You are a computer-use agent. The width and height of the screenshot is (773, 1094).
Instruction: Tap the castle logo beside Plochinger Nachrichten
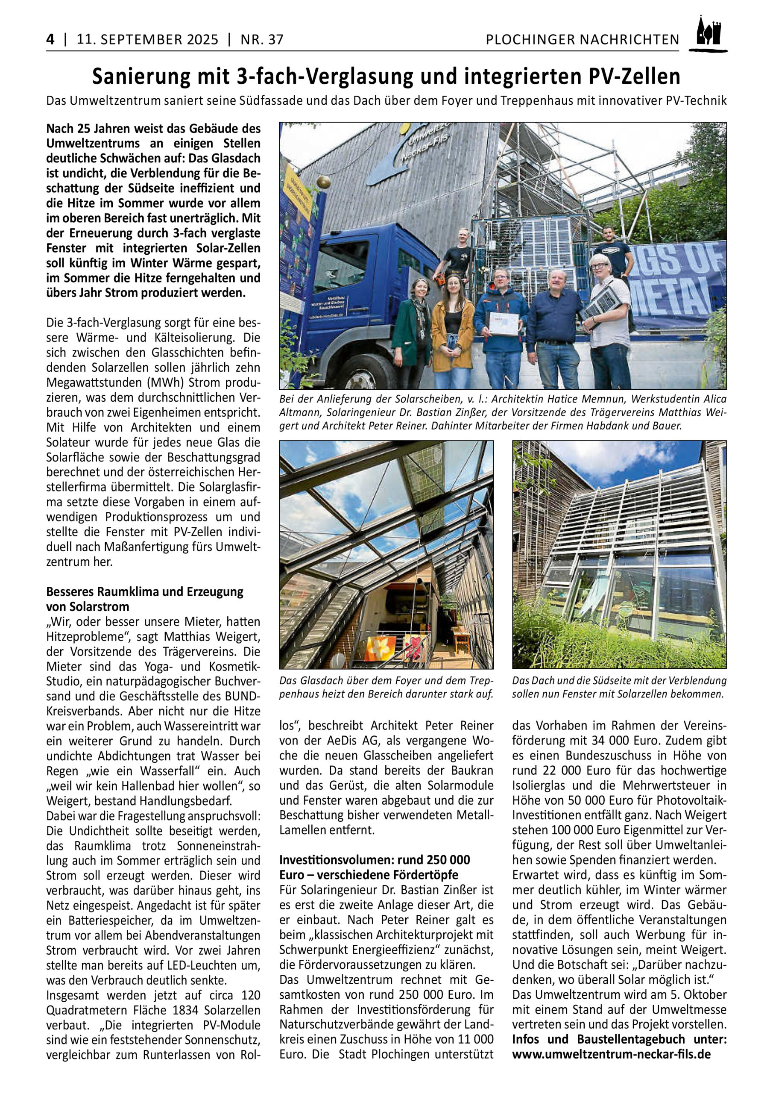click(708, 35)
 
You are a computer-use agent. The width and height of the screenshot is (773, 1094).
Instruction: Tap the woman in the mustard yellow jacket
click(452, 329)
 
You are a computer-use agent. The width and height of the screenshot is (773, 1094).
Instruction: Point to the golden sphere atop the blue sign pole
click(323, 182)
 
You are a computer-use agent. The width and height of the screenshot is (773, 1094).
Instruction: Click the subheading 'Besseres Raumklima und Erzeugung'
click(144, 592)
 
